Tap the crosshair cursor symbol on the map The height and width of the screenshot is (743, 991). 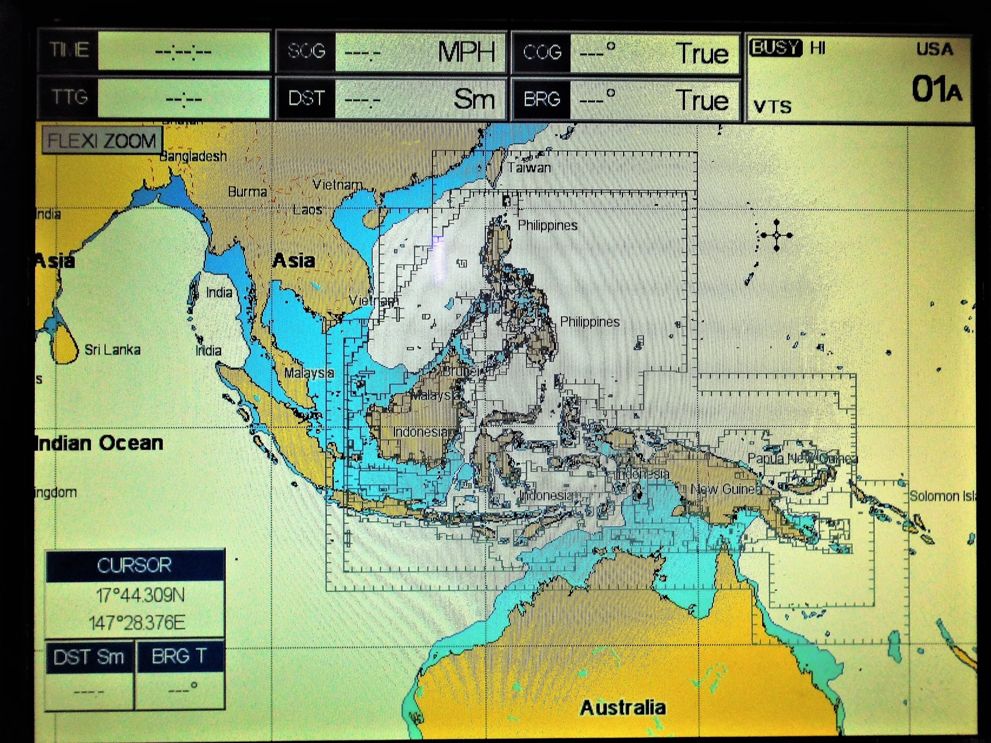777,235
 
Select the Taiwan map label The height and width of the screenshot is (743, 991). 529,168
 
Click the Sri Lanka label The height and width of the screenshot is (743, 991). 112,350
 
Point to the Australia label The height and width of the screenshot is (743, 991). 623,708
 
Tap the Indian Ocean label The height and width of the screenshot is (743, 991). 99,443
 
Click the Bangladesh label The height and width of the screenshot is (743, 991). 194,156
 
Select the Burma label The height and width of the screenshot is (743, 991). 247,192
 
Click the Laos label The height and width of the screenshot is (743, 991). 308,210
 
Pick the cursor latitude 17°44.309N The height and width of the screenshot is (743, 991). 140,595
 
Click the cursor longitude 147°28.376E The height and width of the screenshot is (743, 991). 137,623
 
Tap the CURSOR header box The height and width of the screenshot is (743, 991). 134,565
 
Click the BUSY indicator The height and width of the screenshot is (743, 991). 775,48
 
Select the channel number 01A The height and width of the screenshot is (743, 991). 936,89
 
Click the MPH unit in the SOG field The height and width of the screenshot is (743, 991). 466,52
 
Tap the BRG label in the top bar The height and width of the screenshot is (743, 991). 542,99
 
